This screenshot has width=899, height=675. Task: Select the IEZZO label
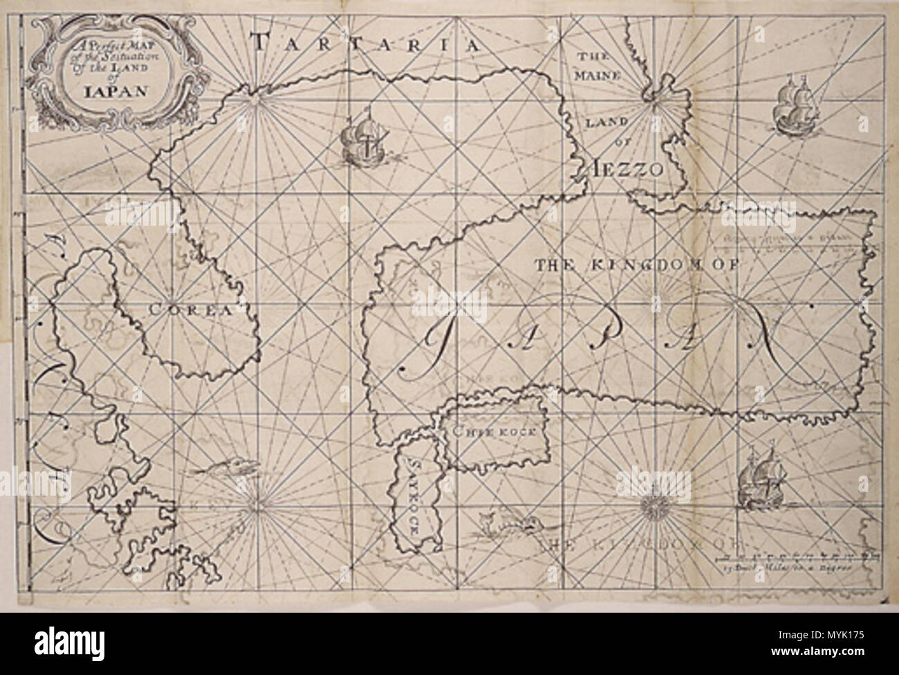(627, 168)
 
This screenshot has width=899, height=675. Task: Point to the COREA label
(189, 311)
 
